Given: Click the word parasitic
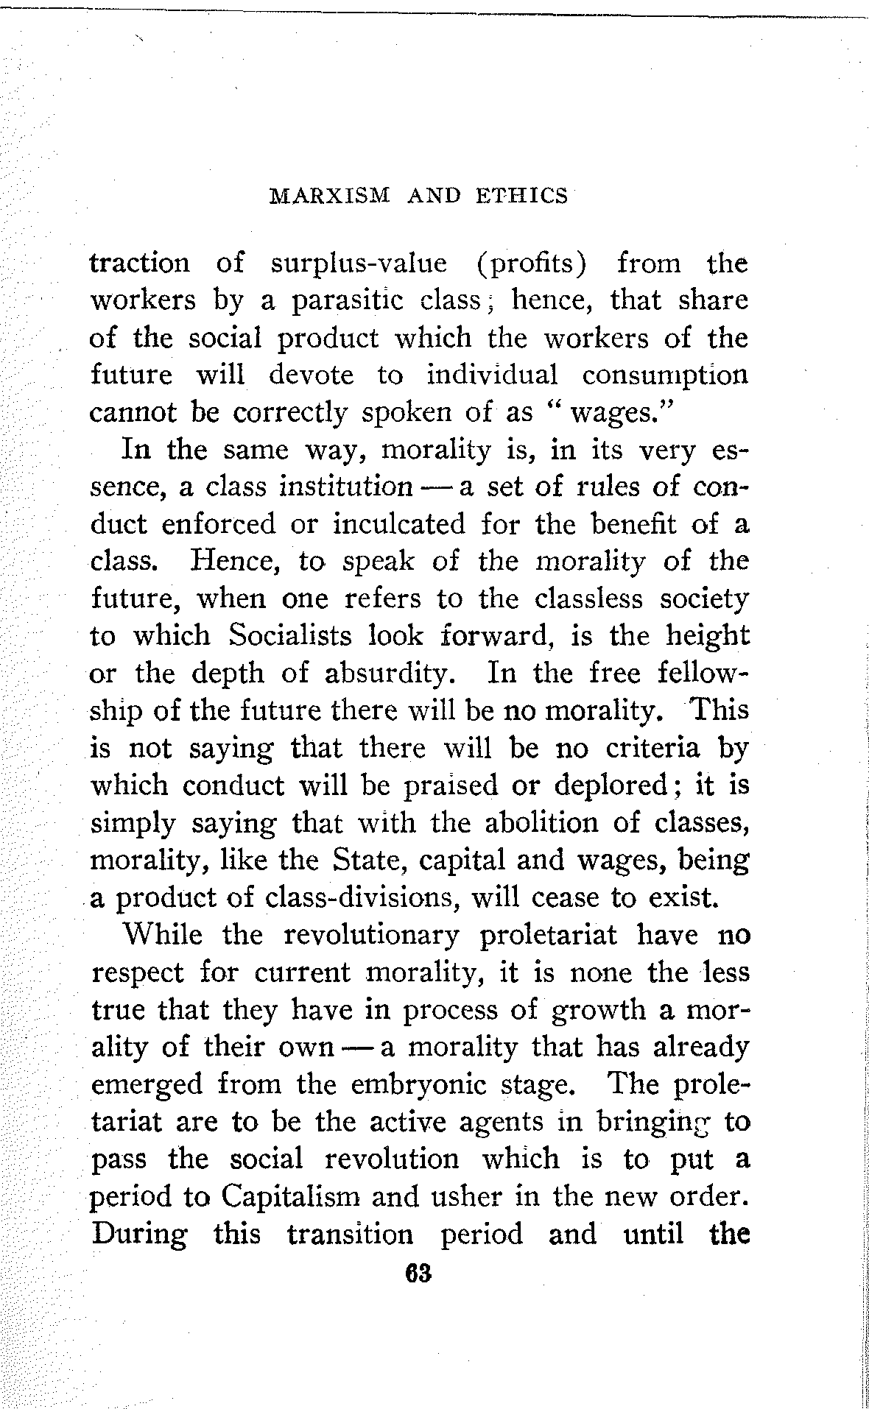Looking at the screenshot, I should (x=345, y=300).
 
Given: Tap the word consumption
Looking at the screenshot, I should (x=665, y=375).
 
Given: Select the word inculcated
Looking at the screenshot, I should (x=399, y=525).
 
